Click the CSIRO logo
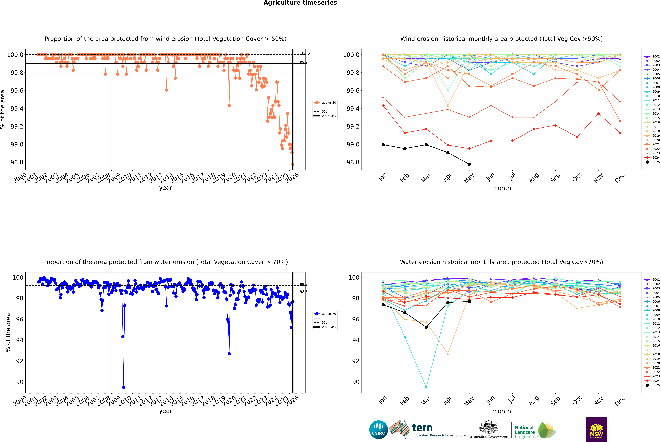(378, 430)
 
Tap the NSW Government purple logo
(596, 430)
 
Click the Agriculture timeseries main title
(300, 3)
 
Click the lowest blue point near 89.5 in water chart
(124, 387)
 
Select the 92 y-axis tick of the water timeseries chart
(20, 361)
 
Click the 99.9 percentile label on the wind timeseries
(303, 62)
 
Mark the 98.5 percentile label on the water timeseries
(303, 292)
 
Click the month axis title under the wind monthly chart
(501, 188)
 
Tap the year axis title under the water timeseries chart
(165, 411)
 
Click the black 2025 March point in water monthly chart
(426, 327)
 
